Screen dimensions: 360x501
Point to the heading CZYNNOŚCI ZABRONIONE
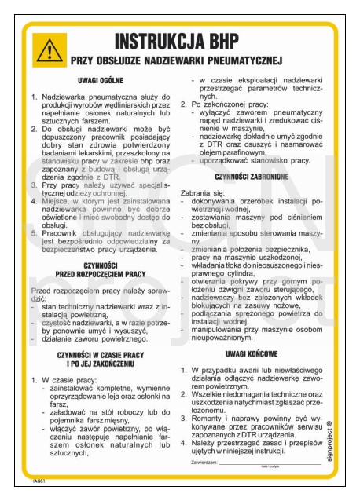click(255, 177)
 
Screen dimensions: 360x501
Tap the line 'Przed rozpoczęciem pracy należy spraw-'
click(99, 291)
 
